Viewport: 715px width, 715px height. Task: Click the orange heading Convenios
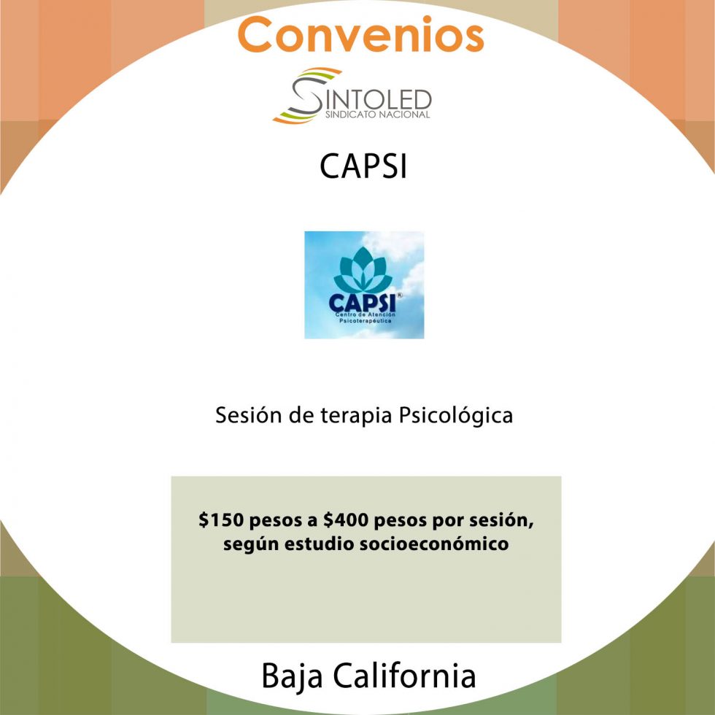(360, 34)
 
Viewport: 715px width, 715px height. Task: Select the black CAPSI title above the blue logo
(363, 167)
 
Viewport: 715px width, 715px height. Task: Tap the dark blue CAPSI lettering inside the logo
(360, 301)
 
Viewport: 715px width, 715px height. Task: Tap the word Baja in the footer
(292, 676)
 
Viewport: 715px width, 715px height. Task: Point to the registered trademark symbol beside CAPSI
(398, 295)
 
